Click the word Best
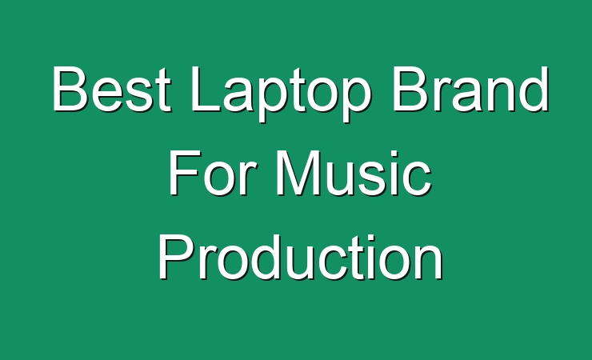pyautogui.click(x=111, y=89)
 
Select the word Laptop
pyautogui.click(x=280, y=94)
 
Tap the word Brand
pyautogui.click(x=470, y=89)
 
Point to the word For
pyautogui.click(x=210, y=173)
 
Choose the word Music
pyautogui.click(x=354, y=173)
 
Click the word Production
pyautogui.click(x=301, y=257)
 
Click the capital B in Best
pyautogui.click(x=70, y=89)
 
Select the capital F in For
pyautogui.click(x=184, y=173)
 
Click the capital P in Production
pyautogui.click(x=175, y=257)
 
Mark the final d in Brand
pyautogui.click(x=534, y=90)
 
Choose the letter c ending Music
pyautogui.click(x=417, y=179)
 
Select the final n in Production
pyautogui.click(x=430, y=262)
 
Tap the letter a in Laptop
pyautogui.click(x=239, y=95)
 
